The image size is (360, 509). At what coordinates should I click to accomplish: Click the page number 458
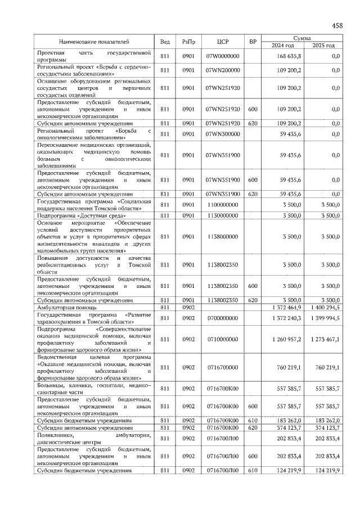pos(337,25)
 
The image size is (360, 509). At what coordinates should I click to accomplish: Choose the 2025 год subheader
pos(323,46)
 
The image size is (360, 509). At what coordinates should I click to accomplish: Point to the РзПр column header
pos(188,42)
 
